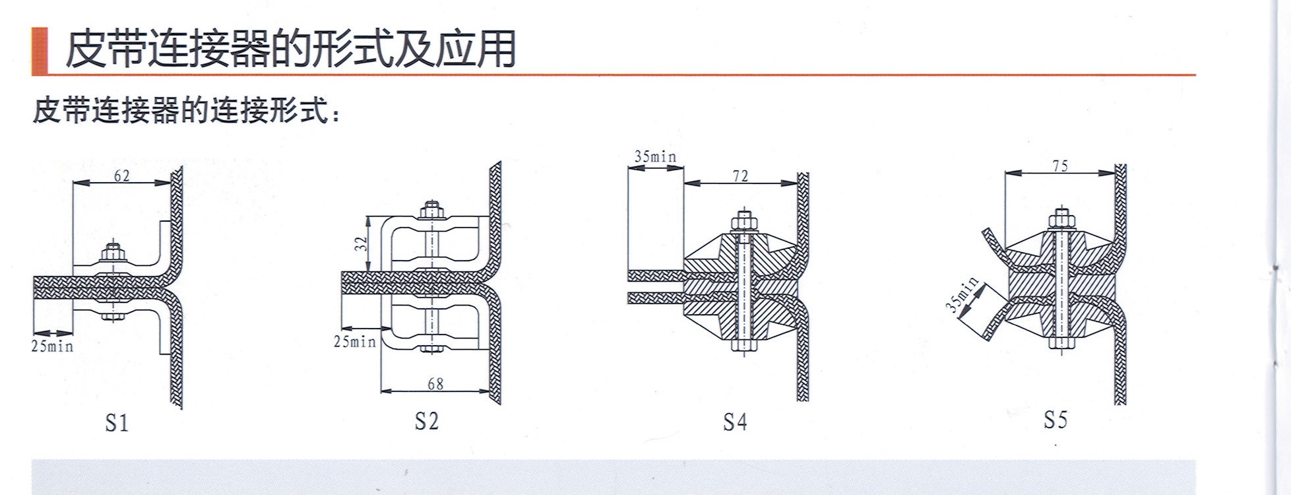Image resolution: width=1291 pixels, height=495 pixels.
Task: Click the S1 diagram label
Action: [x=117, y=423]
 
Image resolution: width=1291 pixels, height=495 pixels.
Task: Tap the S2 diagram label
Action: [x=426, y=420]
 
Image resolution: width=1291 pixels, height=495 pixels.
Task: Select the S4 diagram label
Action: [x=735, y=422]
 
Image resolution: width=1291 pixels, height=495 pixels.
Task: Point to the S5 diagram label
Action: [x=1055, y=419]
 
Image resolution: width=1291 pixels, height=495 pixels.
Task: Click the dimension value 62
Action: [x=122, y=176]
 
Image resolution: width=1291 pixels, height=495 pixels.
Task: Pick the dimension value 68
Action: [x=435, y=383]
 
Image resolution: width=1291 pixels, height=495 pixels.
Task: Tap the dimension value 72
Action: [x=740, y=176]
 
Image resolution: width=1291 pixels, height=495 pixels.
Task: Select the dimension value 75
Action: [x=1060, y=166]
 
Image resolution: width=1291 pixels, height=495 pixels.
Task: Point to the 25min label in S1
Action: [x=52, y=346]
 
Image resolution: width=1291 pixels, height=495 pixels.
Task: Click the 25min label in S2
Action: [x=355, y=341]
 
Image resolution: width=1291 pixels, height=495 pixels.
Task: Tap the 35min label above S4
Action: [x=655, y=157]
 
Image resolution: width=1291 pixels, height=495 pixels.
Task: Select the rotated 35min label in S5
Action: [x=962, y=295]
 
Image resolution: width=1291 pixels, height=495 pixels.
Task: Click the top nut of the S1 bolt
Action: [x=113, y=251]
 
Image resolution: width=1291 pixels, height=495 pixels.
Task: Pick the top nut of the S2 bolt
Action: [x=431, y=210]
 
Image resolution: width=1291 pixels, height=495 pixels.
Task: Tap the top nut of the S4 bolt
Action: [x=743, y=221]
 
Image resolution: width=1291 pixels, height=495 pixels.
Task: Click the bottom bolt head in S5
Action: [x=1061, y=343]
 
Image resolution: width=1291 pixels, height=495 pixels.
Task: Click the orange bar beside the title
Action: [x=40, y=51]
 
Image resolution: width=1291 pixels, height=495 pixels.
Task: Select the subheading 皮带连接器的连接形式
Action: [x=188, y=110]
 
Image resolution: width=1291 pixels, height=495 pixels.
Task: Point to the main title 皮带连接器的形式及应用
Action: [x=290, y=49]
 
